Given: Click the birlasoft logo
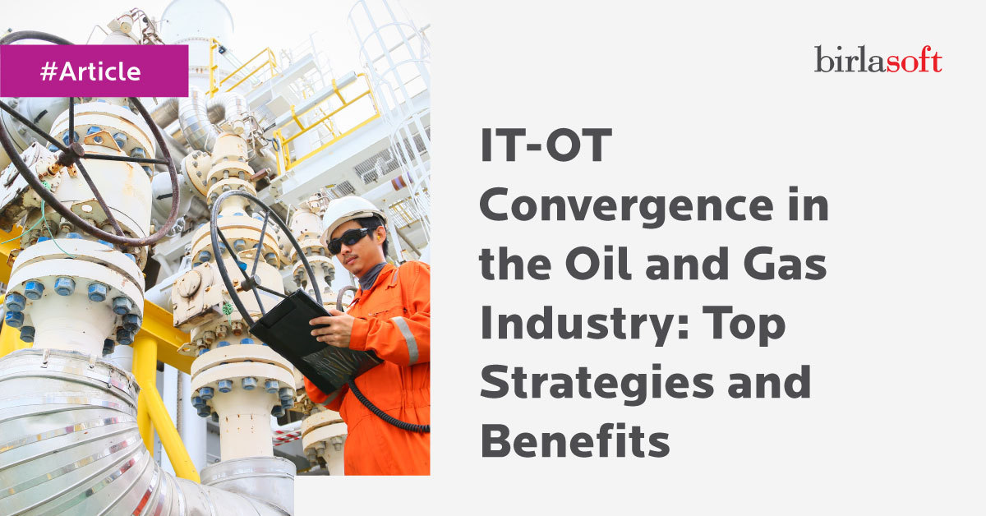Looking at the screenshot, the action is (x=878, y=59).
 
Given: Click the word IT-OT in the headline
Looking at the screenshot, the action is (x=546, y=145).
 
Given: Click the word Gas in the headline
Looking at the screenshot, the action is (x=785, y=264).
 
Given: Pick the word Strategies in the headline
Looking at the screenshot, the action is (x=597, y=384).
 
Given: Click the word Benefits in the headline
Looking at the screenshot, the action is (x=575, y=440).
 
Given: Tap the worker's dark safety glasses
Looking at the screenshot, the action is (x=350, y=240).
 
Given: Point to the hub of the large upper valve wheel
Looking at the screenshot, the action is (x=70, y=154).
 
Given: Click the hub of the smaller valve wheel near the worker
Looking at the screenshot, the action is (x=251, y=282).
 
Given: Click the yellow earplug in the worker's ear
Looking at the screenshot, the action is (x=380, y=238).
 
